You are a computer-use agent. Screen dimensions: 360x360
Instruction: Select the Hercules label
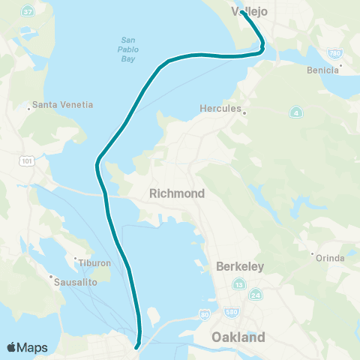point(220,108)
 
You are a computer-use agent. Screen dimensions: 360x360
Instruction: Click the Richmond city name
point(177,193)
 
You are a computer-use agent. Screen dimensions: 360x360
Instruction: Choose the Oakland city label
point(238,337)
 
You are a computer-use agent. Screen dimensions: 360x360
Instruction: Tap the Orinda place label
point(331,258)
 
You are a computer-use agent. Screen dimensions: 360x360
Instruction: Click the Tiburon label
point(94,263)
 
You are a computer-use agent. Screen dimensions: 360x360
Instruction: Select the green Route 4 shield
point(296,113)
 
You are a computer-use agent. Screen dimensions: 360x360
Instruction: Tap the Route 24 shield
point(256,295)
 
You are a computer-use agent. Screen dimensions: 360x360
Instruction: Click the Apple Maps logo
point(27,347)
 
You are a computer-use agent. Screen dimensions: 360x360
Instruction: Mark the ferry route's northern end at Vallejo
point(244,13)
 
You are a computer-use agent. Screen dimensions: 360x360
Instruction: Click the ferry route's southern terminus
point(136,346)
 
